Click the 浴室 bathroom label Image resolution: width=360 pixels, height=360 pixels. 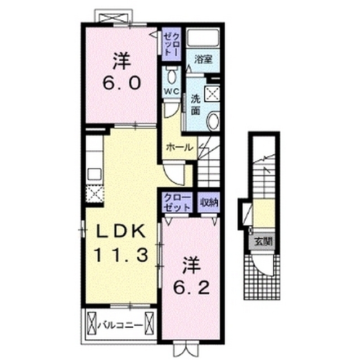click(203, 59)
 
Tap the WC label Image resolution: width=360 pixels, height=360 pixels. click(171, 91)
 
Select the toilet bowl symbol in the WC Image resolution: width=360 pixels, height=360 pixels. click(171, 75)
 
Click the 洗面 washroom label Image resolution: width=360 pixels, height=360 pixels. click(196, 105)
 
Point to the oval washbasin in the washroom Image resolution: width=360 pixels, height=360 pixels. click(213, 121)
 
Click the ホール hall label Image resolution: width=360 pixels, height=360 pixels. click(179, 147)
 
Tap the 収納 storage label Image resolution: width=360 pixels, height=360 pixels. click(209, 202)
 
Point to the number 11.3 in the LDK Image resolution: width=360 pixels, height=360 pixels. click(121, 255)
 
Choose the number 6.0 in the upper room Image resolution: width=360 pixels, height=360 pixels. click(121, 83)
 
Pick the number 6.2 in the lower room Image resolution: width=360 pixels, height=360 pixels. click(191, 287)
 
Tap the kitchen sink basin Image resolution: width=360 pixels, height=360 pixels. click(94, 174)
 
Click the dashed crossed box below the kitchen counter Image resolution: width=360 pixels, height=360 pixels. click(94, 194)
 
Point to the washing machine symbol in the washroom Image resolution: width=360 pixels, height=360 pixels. click(212, 93)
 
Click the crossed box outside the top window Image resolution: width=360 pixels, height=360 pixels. click(114, 17)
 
